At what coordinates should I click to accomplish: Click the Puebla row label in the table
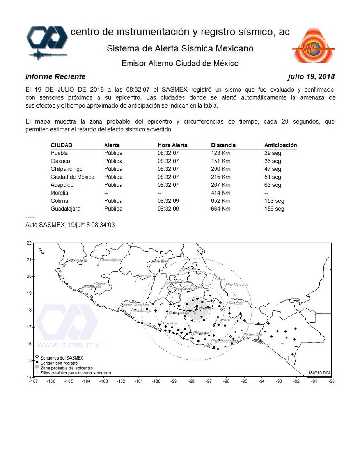(59, 153)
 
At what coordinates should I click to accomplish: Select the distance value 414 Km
(220, 193)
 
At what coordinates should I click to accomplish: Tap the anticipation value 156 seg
(274, 209)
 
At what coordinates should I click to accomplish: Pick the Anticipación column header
(280, 145)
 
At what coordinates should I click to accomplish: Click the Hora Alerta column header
(172, 145)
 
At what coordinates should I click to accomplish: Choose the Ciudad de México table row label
(72, 177)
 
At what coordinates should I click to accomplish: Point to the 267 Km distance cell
(220, 185)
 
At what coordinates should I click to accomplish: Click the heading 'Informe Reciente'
(55, 76)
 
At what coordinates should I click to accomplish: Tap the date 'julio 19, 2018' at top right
(311, 76)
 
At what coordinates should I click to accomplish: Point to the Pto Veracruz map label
(237, 284)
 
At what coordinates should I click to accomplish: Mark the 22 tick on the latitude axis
(28, 243)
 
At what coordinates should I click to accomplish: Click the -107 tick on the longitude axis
(34, 382)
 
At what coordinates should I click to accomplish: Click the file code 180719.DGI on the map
(319, 373)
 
